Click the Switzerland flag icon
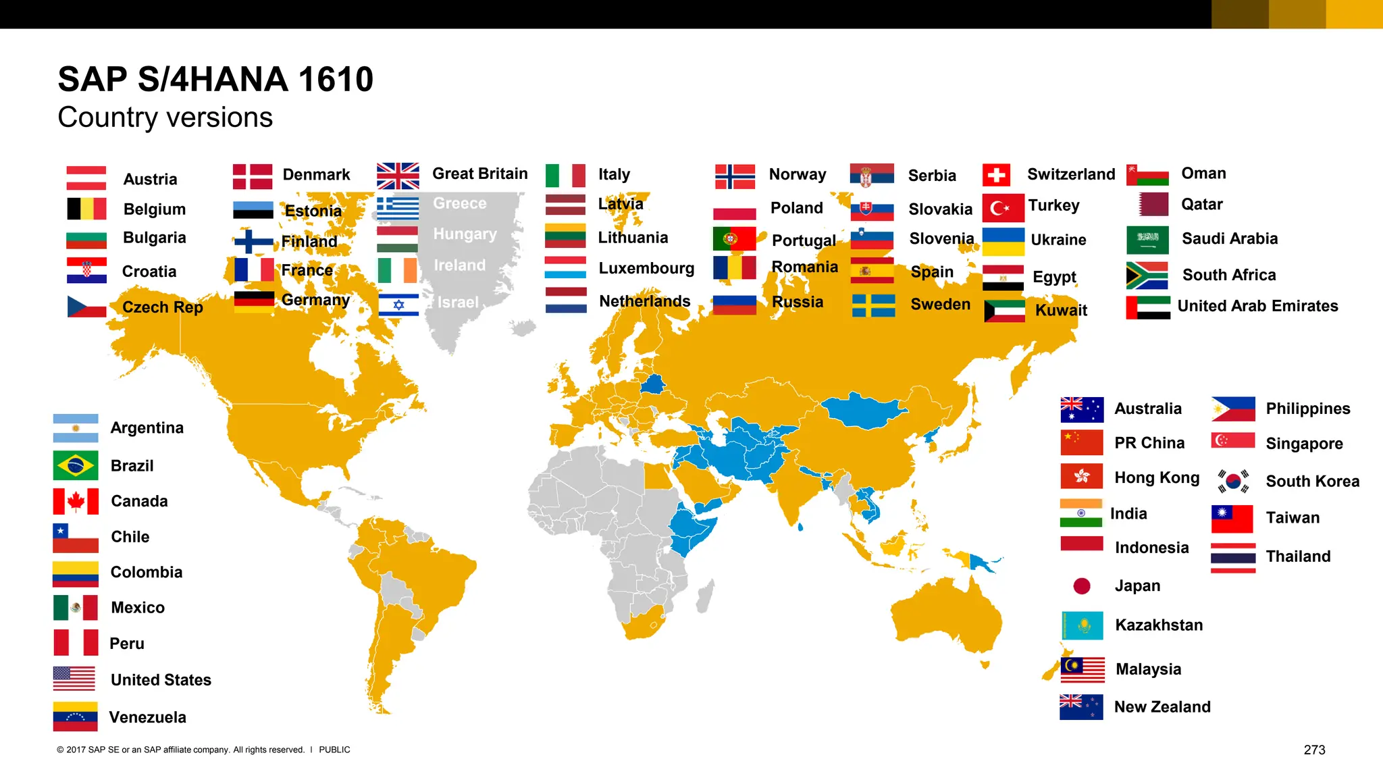996,176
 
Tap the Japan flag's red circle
1082,586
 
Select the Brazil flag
76,465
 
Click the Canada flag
76,501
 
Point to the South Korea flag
1233,481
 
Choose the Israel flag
398,305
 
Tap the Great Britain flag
398,176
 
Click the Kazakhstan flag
1082,625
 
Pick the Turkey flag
1003,207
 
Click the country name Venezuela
147,717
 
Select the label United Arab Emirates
1257,306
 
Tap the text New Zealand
1162,707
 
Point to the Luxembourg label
646,268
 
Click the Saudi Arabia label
1230,238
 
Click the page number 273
1314,750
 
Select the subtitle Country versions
165,118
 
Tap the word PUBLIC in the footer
334,750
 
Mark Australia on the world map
945,618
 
